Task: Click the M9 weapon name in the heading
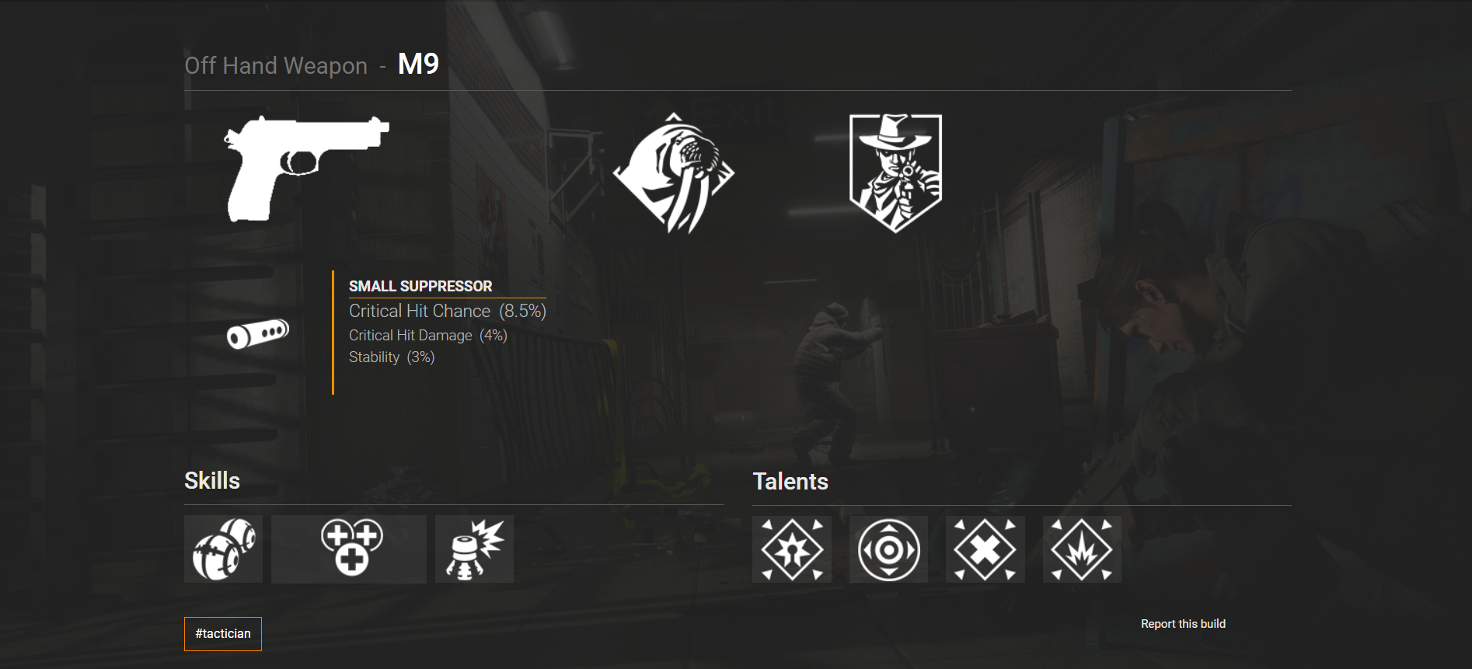coord(418,64)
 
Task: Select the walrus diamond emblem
coord(673,173)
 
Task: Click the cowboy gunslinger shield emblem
coord(895,172)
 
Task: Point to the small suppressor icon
coord(258,333)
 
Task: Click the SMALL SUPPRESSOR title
coord(420,286)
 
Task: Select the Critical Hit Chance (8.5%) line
coord(447,311)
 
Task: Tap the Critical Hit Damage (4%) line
coord(427,335)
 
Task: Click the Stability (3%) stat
coord(391,357)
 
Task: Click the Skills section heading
coord(211,481)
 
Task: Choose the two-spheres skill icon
coord(223,549)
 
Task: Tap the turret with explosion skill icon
coord(474,549)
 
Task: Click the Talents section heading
coord(790,482)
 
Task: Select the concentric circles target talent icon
coord(888,549)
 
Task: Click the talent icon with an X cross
coord(985,549)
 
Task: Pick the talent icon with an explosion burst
coord(1082,549)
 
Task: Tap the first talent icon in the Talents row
coord(792,549)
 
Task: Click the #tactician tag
coord(223,633)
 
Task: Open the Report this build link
coord(1182,624)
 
